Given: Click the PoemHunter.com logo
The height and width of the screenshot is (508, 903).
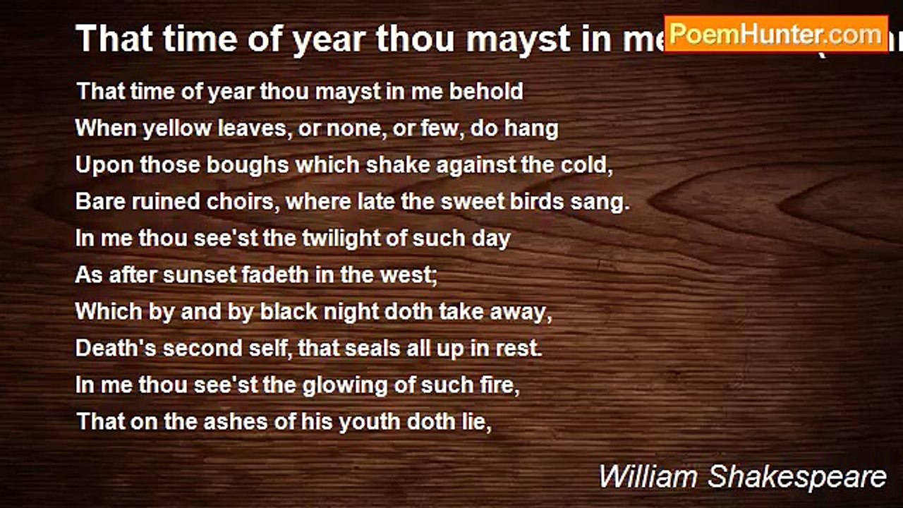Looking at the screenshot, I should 776,34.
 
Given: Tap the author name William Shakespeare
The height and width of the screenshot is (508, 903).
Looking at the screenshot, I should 742,477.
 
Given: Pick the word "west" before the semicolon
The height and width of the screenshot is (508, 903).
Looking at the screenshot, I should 411,275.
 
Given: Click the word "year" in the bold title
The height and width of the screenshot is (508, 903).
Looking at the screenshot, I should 332,40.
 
